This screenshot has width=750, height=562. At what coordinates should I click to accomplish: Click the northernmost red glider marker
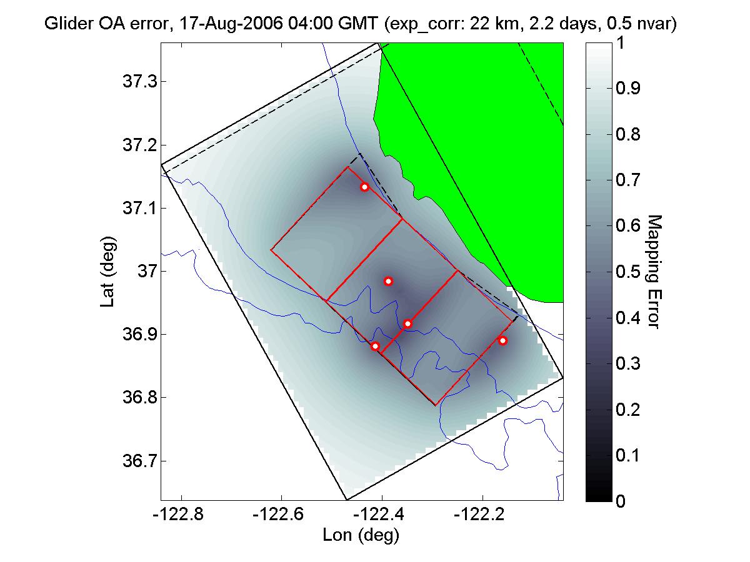pos(364,187)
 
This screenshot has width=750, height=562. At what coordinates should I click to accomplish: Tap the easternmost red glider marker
pos(502,340)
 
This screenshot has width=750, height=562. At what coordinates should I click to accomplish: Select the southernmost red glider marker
pos(375,346)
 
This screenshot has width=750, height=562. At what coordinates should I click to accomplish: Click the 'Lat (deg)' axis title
pos(107,272)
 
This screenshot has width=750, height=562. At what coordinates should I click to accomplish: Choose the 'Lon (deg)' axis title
pos(361,535)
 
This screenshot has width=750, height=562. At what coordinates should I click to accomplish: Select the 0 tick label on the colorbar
pos(620,501)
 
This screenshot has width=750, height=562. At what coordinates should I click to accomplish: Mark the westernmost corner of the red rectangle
pos(271,250)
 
